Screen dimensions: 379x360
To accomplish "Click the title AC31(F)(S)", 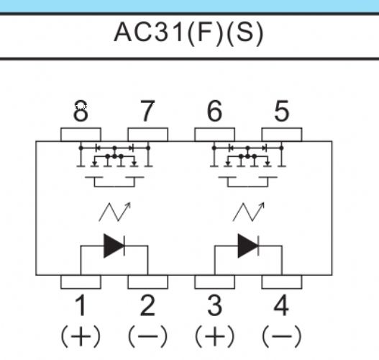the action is click(x=188, y=33).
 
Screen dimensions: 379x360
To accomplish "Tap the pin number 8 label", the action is click(x=81, y=111).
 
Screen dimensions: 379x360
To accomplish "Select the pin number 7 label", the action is click(x=147, y=111).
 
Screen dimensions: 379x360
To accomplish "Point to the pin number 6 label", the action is click(x=214, y=111).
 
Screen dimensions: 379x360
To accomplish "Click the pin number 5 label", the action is click(x=282, y=111).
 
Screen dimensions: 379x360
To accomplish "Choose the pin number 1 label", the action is click(x=81, y=305).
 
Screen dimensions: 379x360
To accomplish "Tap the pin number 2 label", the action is click(x=147, y=305).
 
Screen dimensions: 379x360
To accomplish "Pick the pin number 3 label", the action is click(x=214, y=305).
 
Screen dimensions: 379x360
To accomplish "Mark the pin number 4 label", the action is click(x=281, y=305).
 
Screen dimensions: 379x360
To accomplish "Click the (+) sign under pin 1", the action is click(x=81, y=336).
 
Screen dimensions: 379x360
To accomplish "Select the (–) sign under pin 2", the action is click(x=147, y=336).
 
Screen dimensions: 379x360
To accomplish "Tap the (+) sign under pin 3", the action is click(x=214, y=336).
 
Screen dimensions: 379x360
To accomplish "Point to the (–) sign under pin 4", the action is click(x=282, y=336).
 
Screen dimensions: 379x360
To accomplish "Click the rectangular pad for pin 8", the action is click(x=81, y=135).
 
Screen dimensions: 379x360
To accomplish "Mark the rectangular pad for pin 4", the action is click(x=282, y=282).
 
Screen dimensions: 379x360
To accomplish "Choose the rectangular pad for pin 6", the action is click(x=214, y=135).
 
